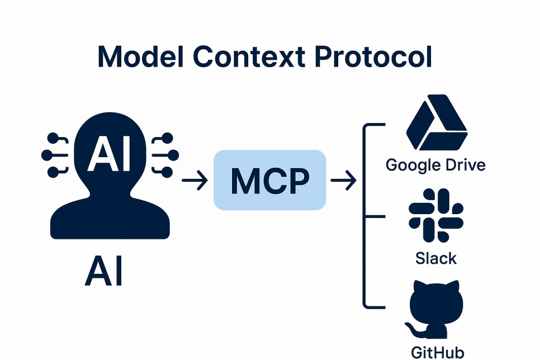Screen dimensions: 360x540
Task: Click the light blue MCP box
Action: click(x=269, y=180)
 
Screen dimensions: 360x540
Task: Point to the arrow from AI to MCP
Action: click(x=195, y=180)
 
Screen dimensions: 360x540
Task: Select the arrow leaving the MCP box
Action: click(x=343, y=180)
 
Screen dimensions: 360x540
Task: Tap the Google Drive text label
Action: click(x=435, y=165)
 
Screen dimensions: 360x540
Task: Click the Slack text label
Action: click(x=435, y=258)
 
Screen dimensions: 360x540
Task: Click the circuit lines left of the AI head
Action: click(x=55, y=154)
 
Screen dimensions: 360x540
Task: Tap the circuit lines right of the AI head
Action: click(x=164, y=154)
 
